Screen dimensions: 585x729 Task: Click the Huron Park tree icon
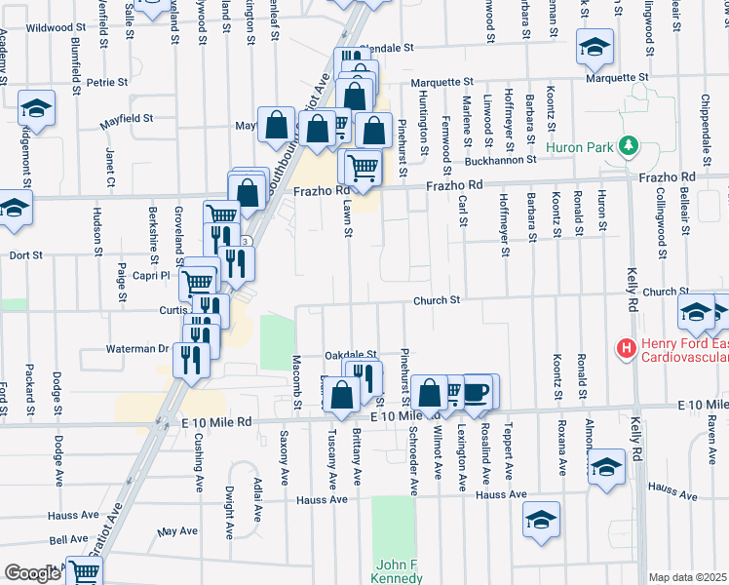(x=629, y=147)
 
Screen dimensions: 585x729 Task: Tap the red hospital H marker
(x=625, y=346)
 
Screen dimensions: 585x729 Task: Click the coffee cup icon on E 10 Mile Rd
(x=476, y=392)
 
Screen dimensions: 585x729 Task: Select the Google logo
(x=32, y=573)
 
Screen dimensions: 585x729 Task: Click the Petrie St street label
(x=102, y=83)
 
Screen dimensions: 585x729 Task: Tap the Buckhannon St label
(x=500, y=159)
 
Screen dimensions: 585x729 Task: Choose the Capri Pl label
(x=152, y=276)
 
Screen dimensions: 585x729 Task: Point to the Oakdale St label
(x=350, y=355)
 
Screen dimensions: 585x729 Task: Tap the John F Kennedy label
(x=399, y=571)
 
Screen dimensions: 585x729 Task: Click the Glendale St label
(x=387, y=47)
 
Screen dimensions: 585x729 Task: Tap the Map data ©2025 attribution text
(x=687, y=577)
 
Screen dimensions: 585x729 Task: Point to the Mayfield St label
(x=128, y=120)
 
